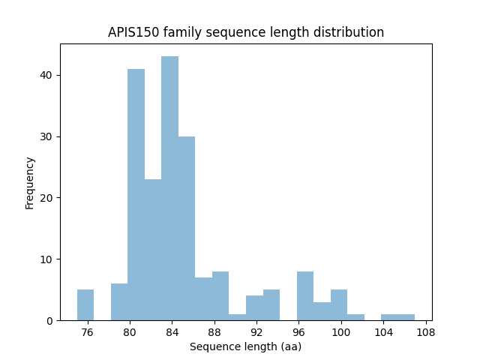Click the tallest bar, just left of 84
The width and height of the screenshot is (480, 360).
(169, 188)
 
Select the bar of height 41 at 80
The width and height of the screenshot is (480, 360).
(136, 194)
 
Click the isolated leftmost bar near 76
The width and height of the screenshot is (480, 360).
(85, 305)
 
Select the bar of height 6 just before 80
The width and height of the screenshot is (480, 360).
(119, 302)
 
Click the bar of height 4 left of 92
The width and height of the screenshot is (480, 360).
(254, 308)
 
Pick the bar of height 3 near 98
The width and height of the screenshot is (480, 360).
(322, 311)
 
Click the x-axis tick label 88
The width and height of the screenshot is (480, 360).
(214, 332)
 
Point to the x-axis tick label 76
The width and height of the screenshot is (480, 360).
(87, 332)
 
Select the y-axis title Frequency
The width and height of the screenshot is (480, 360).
(30, 182)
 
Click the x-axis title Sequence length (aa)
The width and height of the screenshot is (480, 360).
(245, 346)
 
